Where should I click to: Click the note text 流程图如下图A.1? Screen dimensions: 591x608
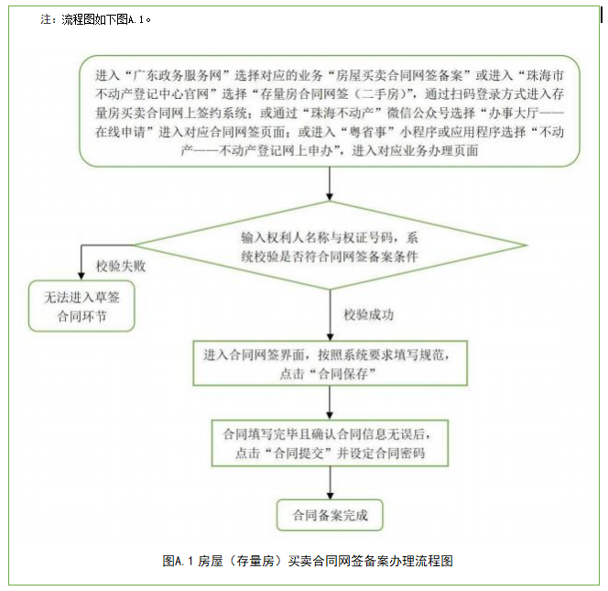102,19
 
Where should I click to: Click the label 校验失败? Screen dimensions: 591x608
122,268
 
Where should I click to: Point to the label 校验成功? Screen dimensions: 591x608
370,315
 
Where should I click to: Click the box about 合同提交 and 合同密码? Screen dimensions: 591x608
329,443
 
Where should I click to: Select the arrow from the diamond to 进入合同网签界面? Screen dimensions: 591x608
329,313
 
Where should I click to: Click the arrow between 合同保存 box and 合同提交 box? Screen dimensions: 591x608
329,401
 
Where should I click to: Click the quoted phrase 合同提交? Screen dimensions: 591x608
296,453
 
